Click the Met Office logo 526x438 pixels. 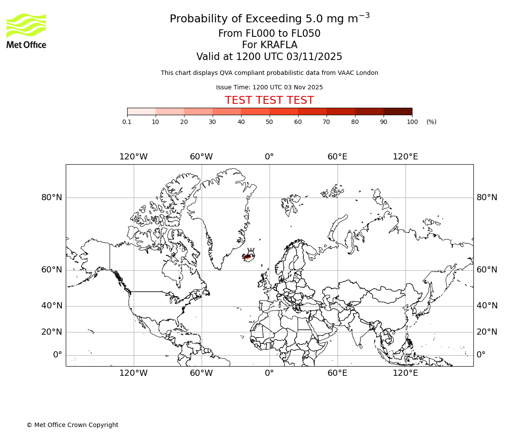click(26, 31)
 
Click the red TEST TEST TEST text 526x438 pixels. click(269, 100)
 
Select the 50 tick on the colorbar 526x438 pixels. click(269, 122)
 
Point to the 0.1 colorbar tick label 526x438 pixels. click(127, 122)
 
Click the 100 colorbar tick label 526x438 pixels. click(412, 122)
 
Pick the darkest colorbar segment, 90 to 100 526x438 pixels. click(398, 111)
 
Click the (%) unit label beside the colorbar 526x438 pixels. click(431, 122)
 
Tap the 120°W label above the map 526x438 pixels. click(133, 157)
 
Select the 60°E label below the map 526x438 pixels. click(337, 373)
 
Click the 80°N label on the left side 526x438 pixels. click(52, 198)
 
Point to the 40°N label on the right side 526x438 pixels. click(487, 306)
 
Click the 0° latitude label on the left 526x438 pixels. click(57, 355)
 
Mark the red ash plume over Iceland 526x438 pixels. click(248, 257)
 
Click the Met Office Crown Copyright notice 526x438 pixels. click(72, 425)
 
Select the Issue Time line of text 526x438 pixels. click(269, 87)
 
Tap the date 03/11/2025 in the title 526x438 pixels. click(314, 57)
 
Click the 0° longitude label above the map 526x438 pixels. click(269, 157)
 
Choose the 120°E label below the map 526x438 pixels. click(405, 373)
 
